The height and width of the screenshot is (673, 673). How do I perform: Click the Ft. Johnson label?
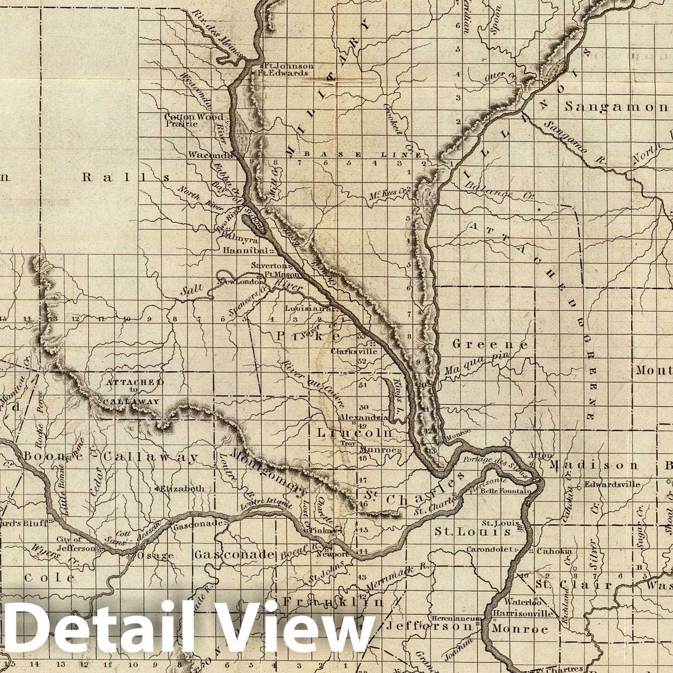point(290,66)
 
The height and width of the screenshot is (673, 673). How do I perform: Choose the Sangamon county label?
point(616,107)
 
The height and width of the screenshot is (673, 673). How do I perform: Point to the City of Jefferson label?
point(77,544)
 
